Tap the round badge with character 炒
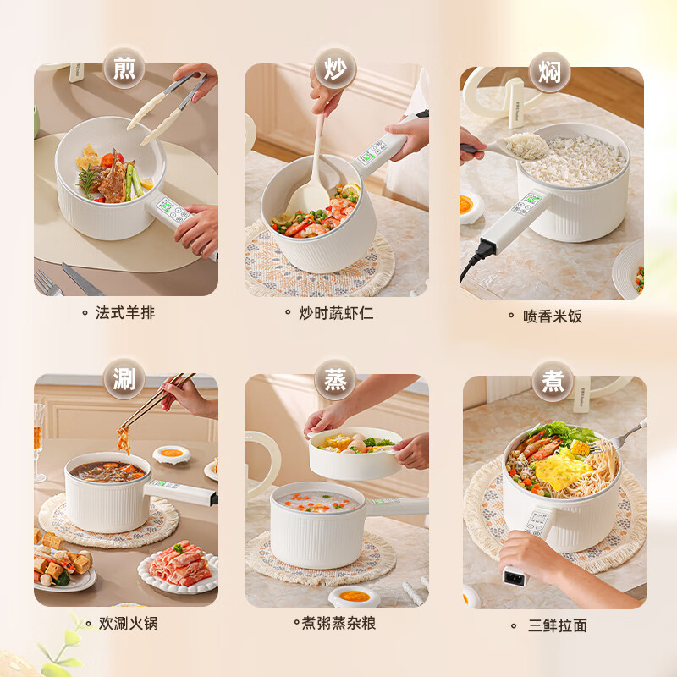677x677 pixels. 335,68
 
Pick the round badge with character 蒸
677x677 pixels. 335,378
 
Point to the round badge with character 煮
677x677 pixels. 553,380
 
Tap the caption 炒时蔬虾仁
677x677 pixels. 336,313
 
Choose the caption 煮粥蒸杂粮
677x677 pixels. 338,623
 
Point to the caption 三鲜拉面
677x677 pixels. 557,625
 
